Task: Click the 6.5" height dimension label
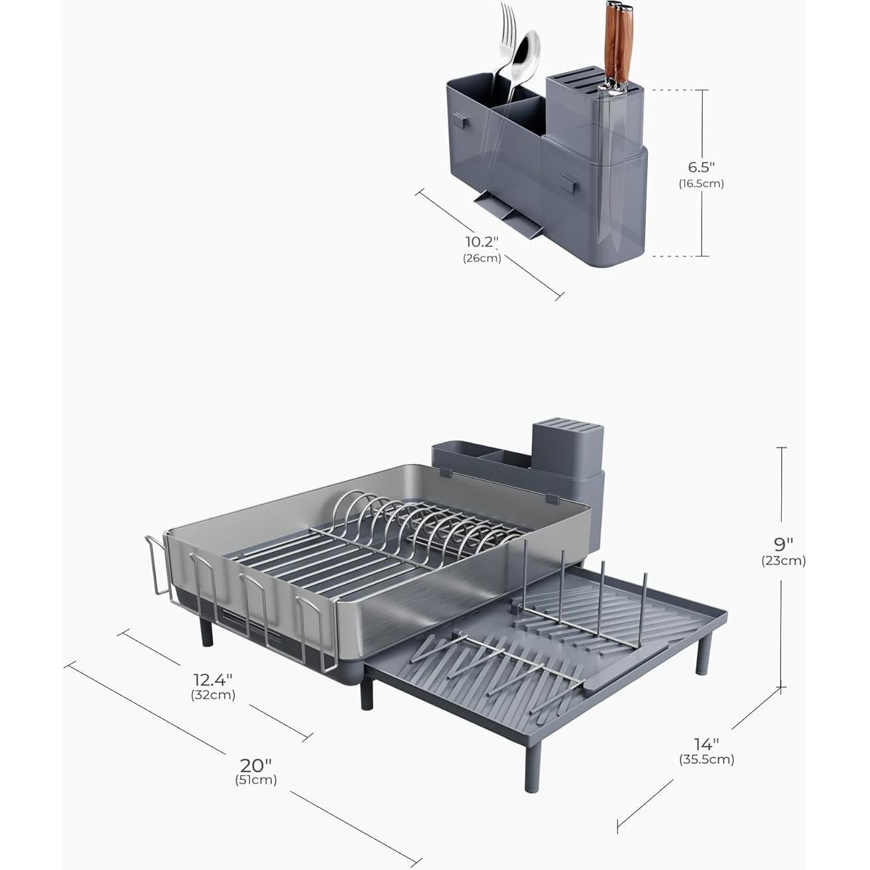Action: point(701,166)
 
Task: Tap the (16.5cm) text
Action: point(701,184)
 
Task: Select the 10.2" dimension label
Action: point(481,242)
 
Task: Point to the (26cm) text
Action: point(481,259)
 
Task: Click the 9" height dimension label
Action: point(783,544)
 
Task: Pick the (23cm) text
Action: point(783,561)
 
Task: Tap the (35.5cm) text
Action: point(706,760)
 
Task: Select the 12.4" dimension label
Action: point(214,679)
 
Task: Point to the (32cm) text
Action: point(214,696)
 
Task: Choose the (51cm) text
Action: point(256,780)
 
